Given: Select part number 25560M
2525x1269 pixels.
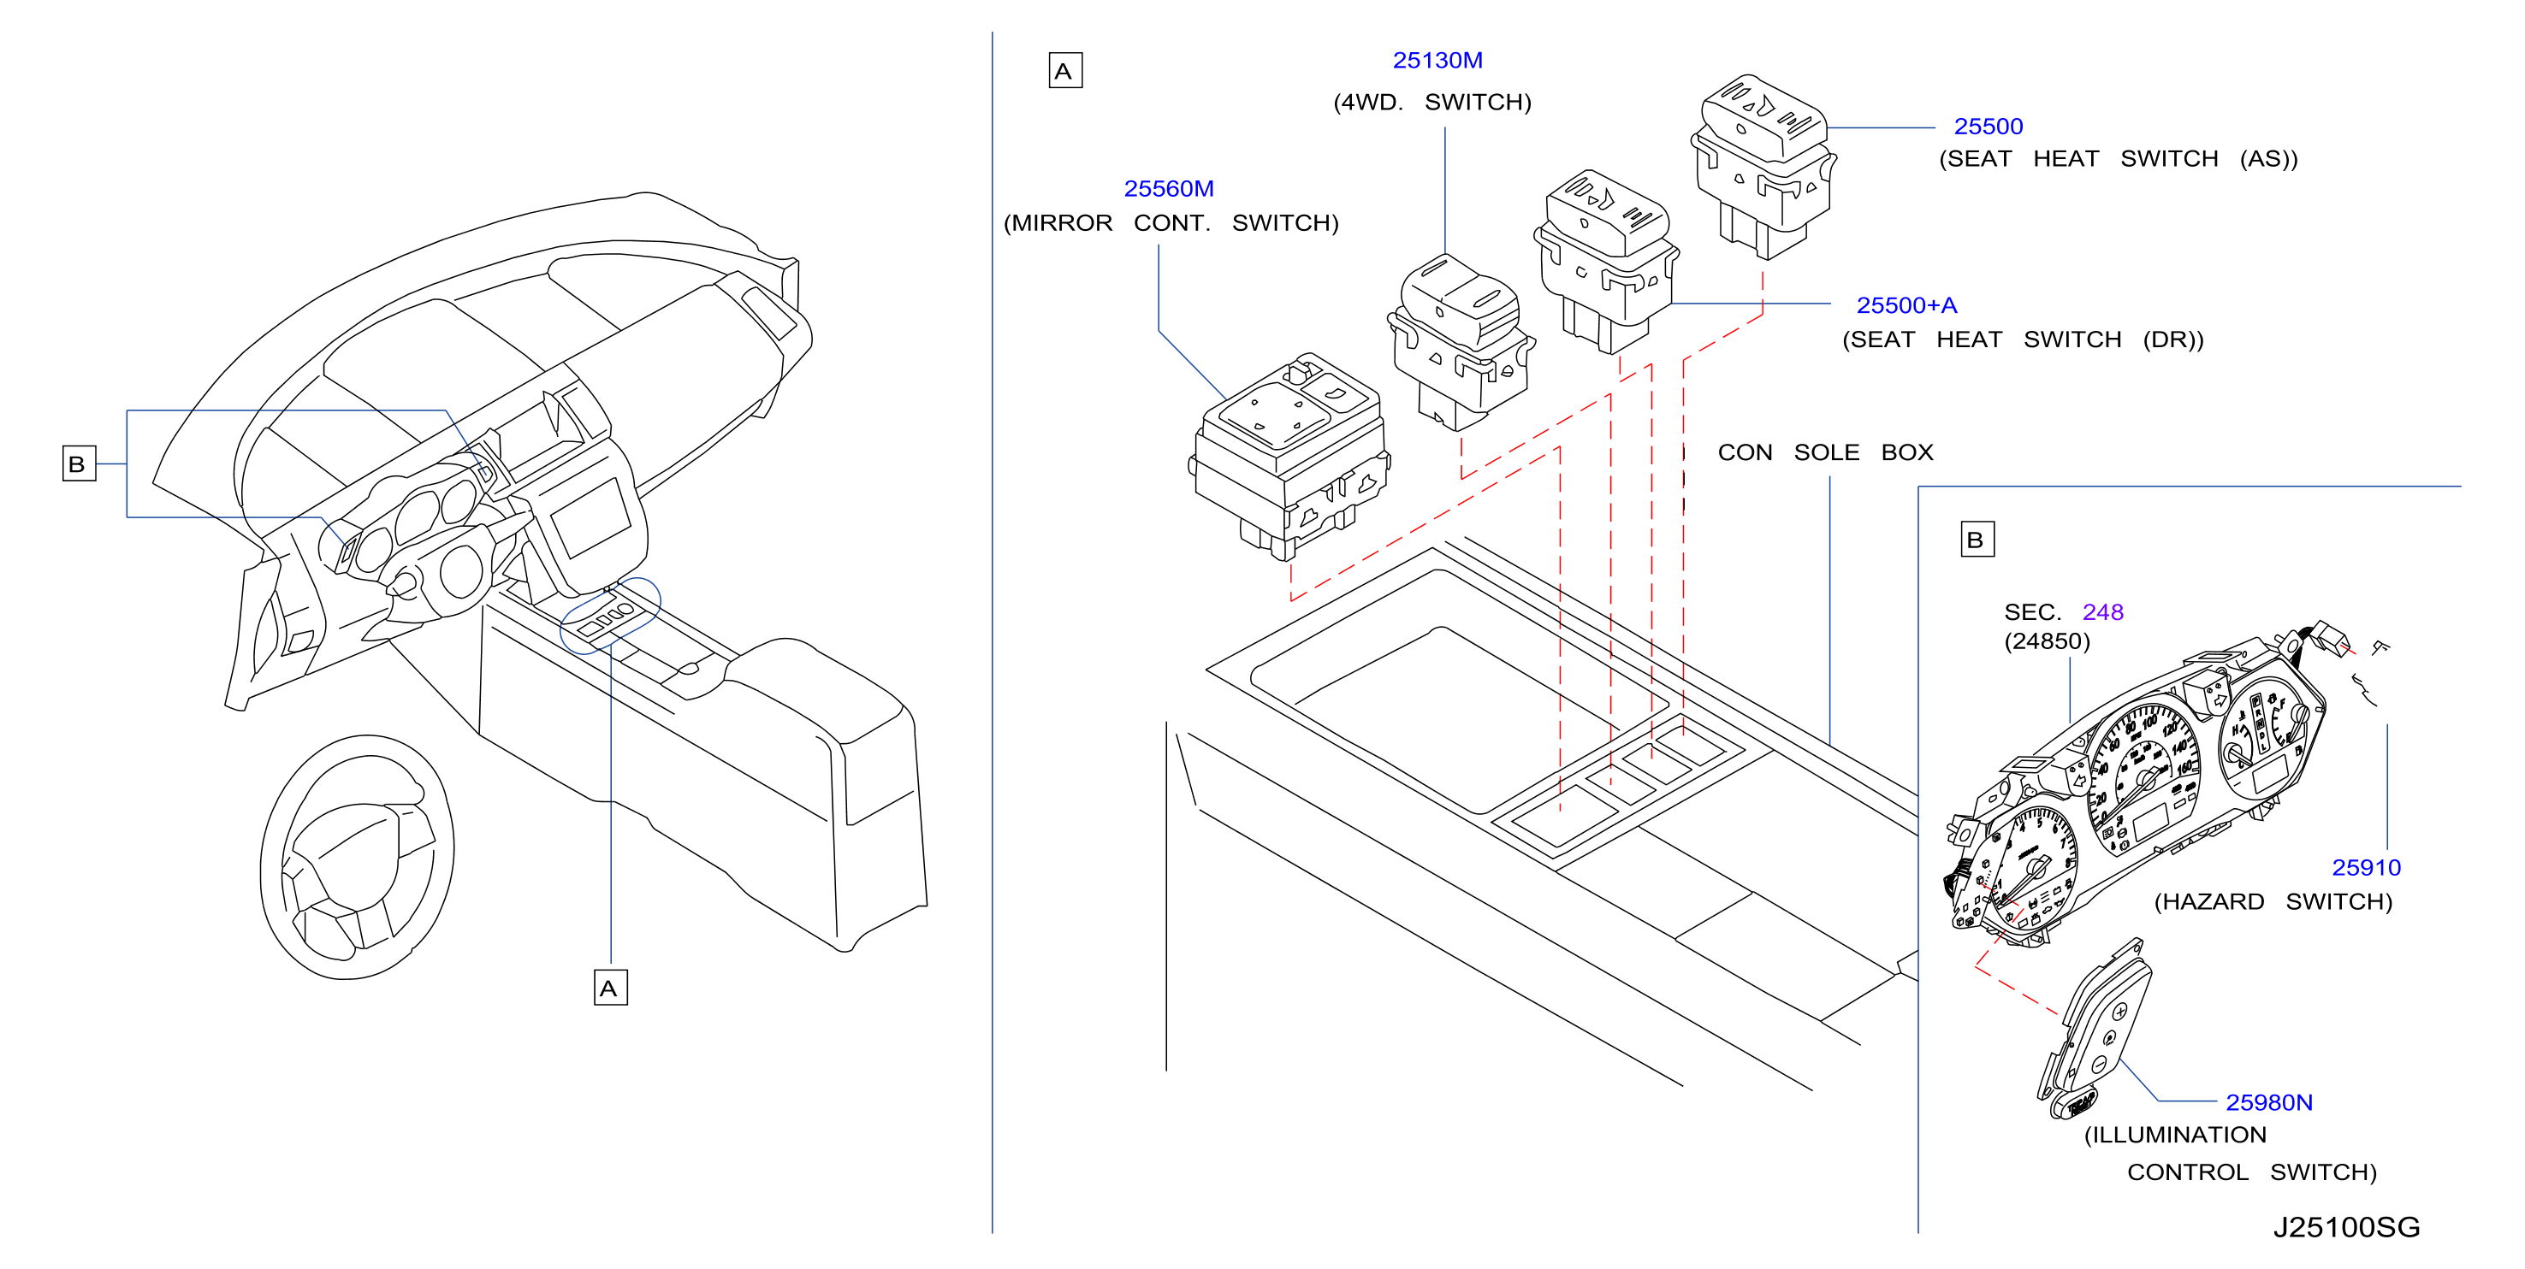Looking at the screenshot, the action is pos(1169,189).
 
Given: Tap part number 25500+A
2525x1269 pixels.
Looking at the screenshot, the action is pos(1906,306).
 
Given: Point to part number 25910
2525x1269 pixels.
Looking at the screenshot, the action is pos(2365,868).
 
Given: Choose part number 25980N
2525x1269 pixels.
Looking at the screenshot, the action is pos(2268,1103).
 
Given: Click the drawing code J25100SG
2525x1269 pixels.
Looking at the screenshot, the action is pos(2347,1228).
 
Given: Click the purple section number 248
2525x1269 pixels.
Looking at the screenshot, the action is pos(2102,612).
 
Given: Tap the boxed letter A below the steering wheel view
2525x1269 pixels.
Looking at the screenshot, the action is pos(611,988).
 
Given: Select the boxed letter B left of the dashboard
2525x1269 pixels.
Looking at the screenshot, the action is pos(79,463).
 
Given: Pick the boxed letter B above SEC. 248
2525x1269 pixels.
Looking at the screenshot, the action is pos(1977,540).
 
